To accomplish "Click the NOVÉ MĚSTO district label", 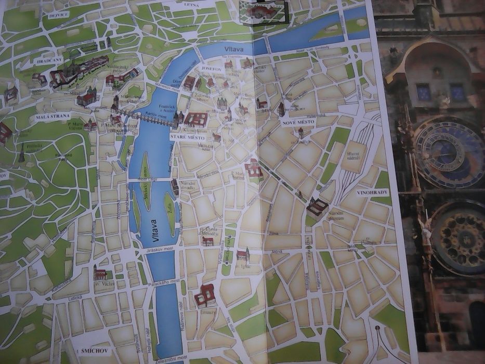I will click(x=295, y=122).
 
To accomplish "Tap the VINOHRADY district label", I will click(x=372, y=193).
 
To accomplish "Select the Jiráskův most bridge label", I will click(x=161, y=250).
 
